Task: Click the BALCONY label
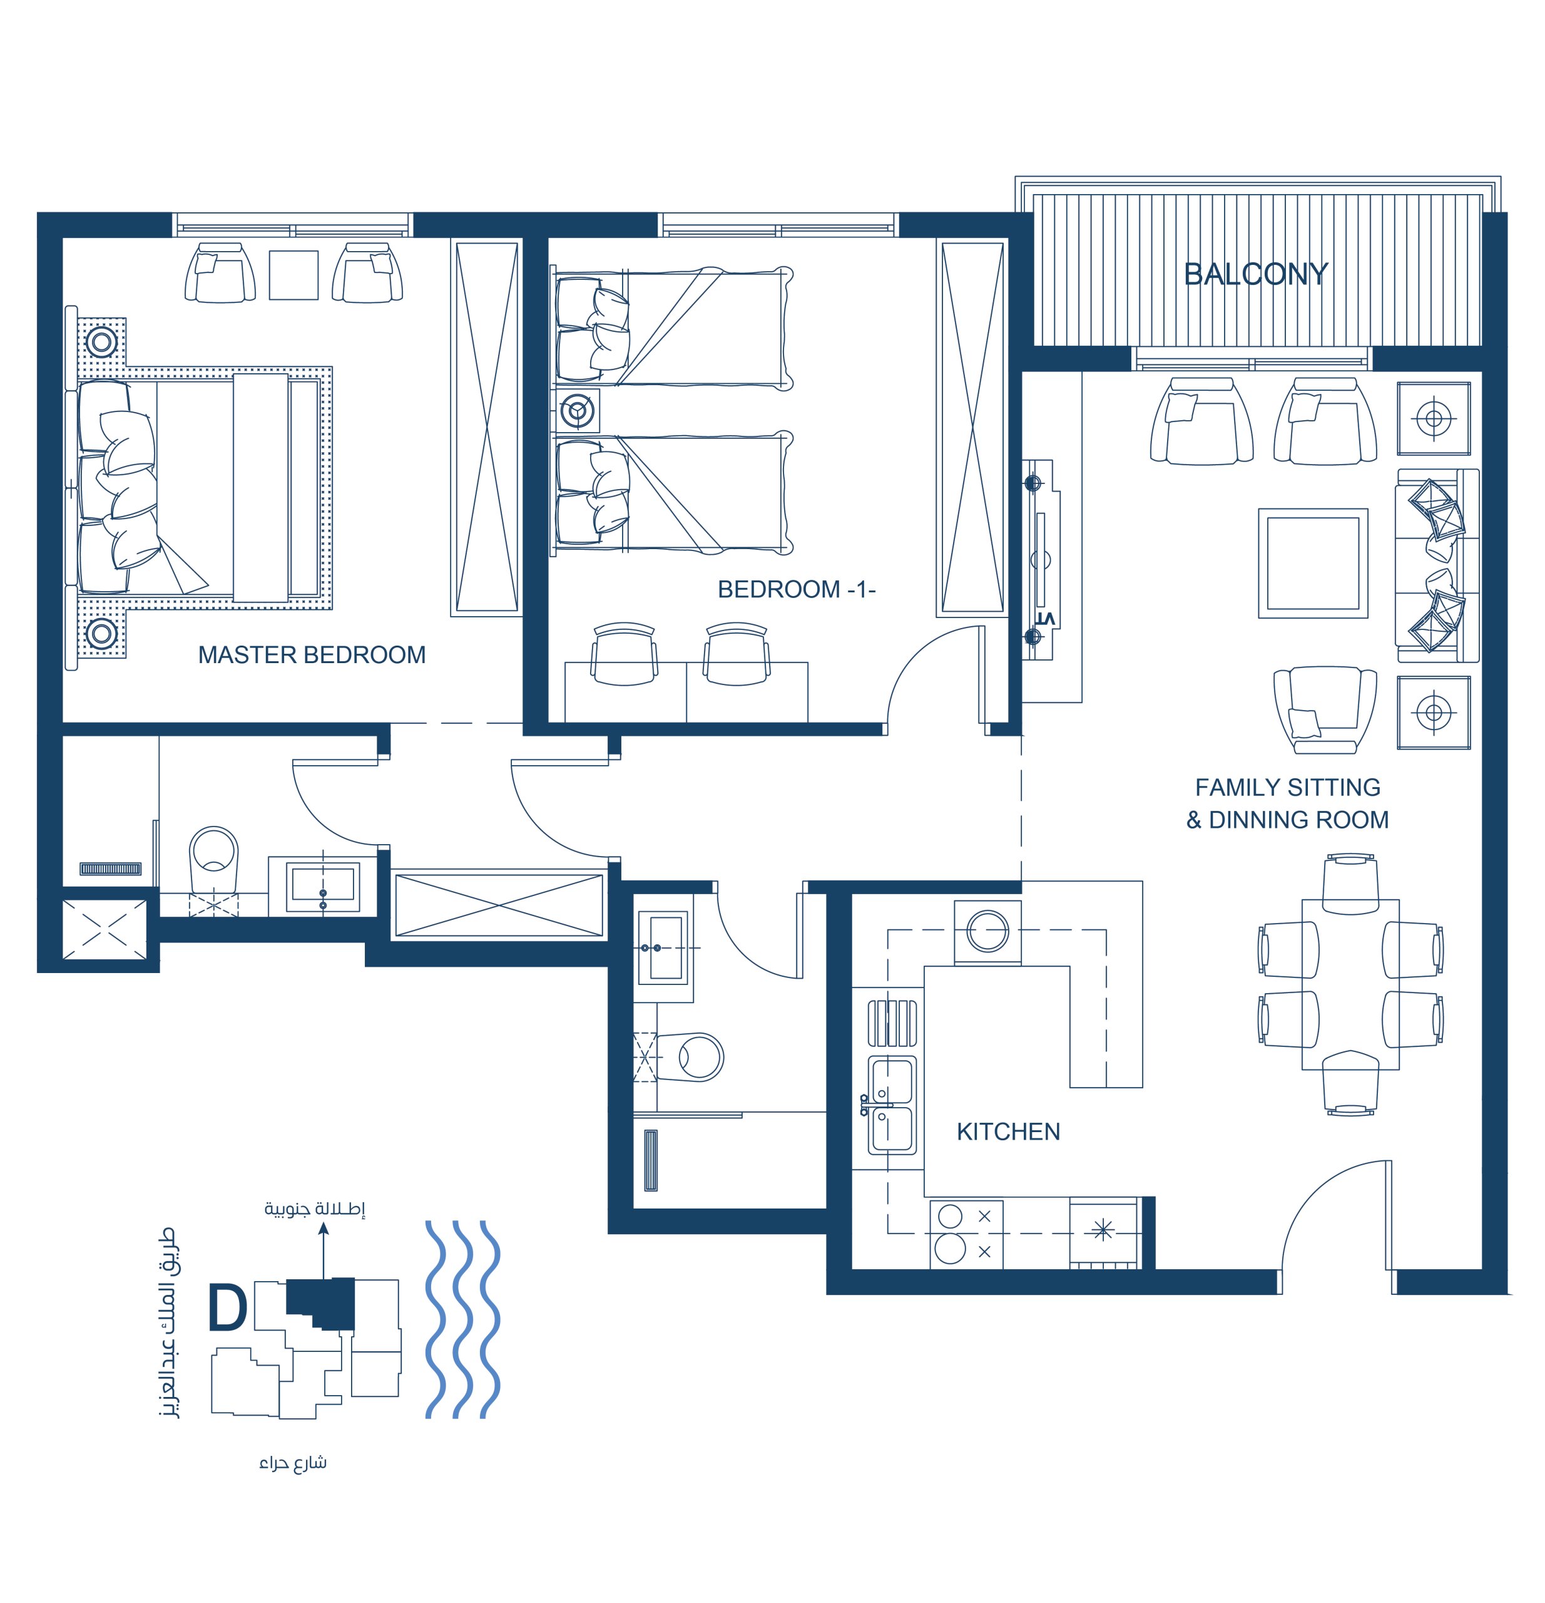1256,274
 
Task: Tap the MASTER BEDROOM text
312,655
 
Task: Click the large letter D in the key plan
227,1307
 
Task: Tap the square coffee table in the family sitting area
1313,564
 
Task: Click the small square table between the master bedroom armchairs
293,276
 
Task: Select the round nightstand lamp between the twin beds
577,411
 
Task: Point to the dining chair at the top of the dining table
1350,884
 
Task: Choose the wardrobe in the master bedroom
486,427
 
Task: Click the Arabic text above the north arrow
315,1208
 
